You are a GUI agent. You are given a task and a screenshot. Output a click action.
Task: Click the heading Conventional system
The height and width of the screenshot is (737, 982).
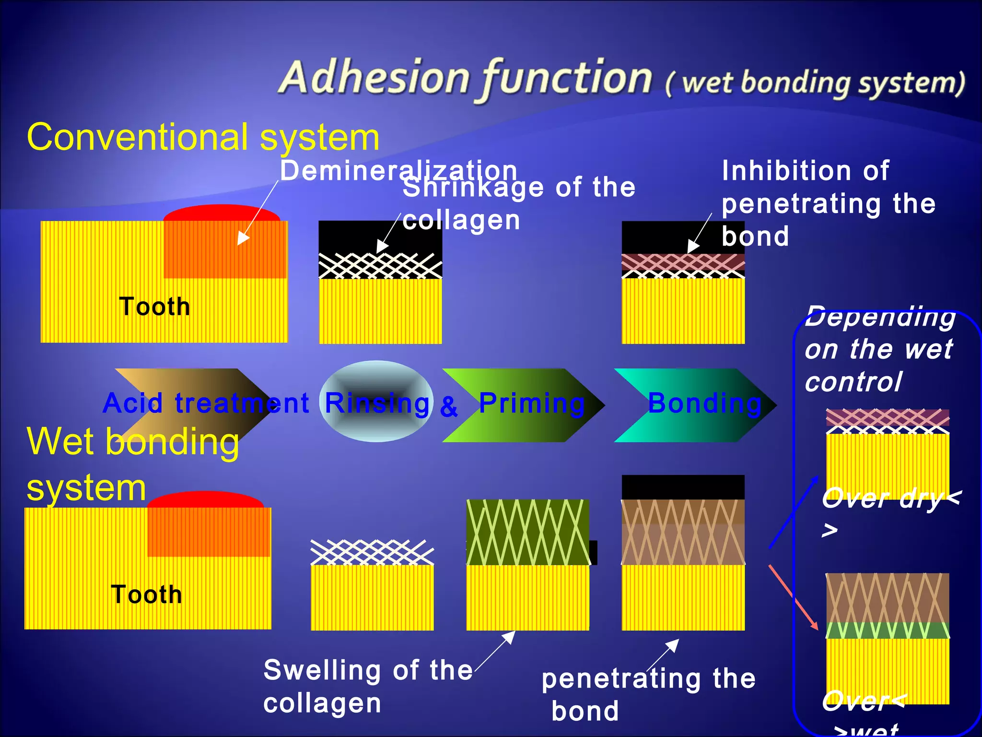203,138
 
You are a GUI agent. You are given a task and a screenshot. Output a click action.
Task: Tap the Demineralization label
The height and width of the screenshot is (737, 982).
398,171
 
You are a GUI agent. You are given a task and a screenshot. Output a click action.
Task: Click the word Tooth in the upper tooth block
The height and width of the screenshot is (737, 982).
154,307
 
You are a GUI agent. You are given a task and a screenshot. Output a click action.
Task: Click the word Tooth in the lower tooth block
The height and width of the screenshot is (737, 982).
146,594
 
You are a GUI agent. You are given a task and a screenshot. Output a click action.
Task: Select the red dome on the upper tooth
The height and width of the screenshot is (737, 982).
222,213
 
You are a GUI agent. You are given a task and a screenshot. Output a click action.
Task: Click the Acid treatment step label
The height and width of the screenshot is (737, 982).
206,403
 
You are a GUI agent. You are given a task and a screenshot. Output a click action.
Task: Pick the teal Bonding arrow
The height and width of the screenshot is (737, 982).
695,405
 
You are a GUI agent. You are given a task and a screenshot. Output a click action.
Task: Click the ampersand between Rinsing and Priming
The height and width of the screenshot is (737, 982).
449,407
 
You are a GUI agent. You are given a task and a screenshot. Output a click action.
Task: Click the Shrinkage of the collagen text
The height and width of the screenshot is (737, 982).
518,203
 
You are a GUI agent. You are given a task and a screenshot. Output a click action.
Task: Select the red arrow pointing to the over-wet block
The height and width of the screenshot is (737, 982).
794,597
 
